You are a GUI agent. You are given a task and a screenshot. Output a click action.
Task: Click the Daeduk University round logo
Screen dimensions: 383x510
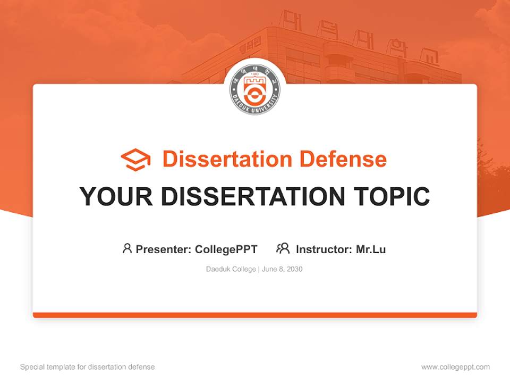point(255,90)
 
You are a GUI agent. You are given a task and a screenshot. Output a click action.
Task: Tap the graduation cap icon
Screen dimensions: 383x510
point(135,160)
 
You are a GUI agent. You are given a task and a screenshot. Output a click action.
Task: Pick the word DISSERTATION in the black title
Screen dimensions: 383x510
point(253,196)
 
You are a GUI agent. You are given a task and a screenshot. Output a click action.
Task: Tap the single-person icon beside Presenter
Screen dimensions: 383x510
point(127,248)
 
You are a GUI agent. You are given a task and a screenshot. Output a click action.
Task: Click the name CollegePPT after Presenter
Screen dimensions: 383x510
point(226,249)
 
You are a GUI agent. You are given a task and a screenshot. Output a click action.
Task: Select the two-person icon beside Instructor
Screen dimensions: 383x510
point(283,248)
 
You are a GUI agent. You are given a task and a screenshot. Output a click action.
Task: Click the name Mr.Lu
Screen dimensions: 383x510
point(371,249)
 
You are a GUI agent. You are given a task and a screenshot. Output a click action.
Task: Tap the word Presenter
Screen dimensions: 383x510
point(163,249)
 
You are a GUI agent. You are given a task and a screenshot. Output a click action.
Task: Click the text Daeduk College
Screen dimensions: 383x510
point(231,269)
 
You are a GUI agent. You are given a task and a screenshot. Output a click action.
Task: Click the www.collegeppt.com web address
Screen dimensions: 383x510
point(455,367)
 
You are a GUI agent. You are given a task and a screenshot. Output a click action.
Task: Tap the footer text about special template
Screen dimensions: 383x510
point(88,367)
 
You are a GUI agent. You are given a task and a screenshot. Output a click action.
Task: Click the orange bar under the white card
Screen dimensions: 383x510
point(255,315)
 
